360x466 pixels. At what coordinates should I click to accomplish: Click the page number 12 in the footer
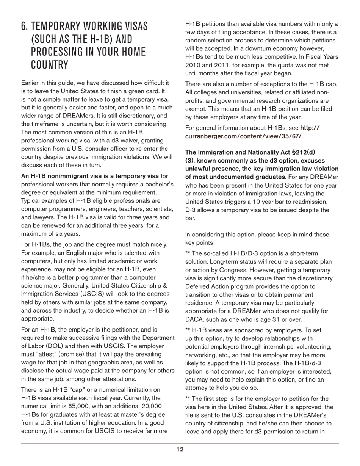[180, 450]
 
